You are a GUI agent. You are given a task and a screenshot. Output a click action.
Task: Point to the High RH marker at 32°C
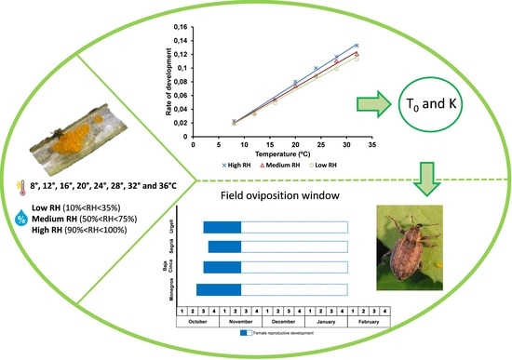click(357, 45)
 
